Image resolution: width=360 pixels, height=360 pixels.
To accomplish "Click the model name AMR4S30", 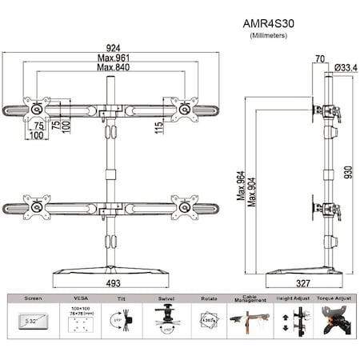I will point(270,24).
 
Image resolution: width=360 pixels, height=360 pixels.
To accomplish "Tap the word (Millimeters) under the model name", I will point(270,36).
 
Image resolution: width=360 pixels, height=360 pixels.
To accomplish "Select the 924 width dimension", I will point(112,47).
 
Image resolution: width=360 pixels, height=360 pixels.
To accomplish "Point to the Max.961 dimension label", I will point(112,58).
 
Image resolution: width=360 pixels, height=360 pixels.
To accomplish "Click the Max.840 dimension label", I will point(112,68).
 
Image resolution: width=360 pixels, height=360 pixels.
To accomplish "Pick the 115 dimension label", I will point(161,126).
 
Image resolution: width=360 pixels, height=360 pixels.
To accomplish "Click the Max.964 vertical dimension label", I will point(240,187).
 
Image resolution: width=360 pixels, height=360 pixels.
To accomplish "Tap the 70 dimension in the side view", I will point(320,58).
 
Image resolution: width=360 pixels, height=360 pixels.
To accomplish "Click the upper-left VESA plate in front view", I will point(37,109).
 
